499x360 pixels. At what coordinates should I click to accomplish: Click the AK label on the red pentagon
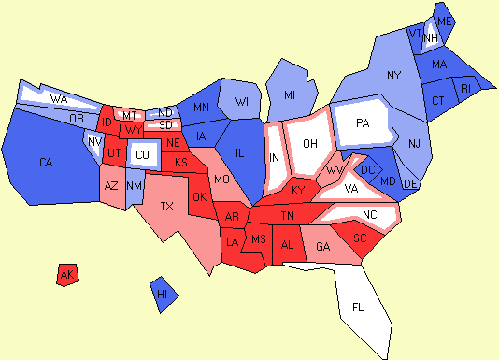point(66,275)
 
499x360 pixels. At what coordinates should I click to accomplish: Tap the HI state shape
point(163,294)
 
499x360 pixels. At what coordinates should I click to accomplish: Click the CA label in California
point(46,163)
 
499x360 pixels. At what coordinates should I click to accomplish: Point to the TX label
point(167,206)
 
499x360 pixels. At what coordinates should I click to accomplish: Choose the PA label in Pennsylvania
point(363,122)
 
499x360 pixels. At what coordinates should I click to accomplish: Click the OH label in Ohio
point(311,143)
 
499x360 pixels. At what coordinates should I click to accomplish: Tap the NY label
point(393,74)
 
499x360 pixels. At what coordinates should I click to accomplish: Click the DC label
point(367,169)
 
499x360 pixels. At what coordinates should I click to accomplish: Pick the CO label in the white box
point(142,154)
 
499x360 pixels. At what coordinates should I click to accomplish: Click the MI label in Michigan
point(291,95)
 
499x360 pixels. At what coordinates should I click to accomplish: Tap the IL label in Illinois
point(240,152)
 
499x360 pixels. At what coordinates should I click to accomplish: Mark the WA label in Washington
point(58,98)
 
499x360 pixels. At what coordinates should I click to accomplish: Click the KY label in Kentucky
point(297,190)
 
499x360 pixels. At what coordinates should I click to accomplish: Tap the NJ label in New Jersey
point(415,142)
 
